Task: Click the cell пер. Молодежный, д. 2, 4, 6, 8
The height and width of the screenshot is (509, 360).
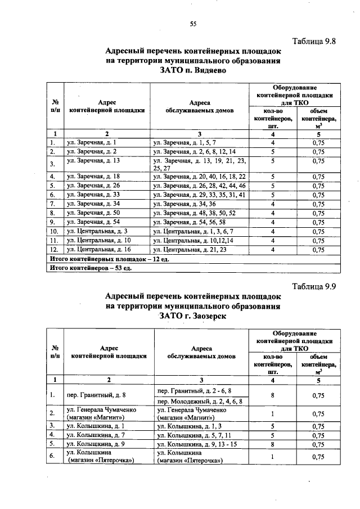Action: (x=200, y=402)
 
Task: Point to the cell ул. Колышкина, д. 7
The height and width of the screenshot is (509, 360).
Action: (x=93, y=434)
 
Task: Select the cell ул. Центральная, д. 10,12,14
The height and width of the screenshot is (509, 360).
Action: (x=190, y=240)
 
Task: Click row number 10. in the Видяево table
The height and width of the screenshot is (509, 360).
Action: (x=55, y=231)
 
